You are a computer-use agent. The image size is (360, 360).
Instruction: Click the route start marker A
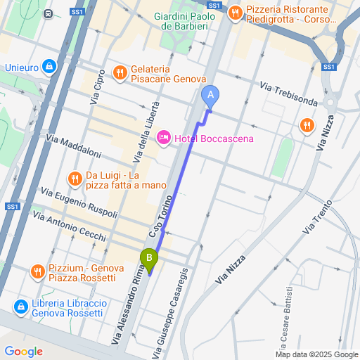click(x=209, y=95)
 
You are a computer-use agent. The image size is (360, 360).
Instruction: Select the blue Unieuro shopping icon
click(x=49, y=67)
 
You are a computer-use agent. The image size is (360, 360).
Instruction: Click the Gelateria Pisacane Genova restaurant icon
click(x=119, y=73)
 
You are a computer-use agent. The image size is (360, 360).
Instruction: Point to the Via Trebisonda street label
click(x=288, y=94)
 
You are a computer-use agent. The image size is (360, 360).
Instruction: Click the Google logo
click(x=23, y=352)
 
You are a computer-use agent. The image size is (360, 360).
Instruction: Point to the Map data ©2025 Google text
click(x=316, y=354)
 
